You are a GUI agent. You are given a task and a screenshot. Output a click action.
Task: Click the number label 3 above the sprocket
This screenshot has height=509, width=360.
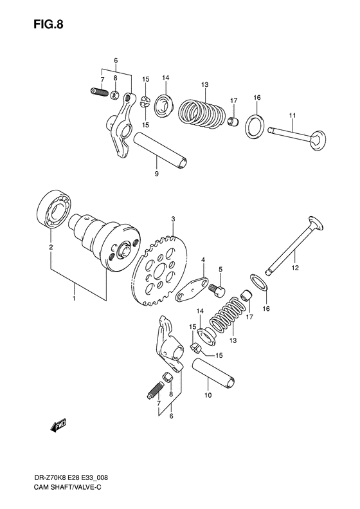[173, 220]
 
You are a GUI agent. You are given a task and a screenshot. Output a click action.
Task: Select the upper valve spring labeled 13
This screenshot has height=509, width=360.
[200, 113]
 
